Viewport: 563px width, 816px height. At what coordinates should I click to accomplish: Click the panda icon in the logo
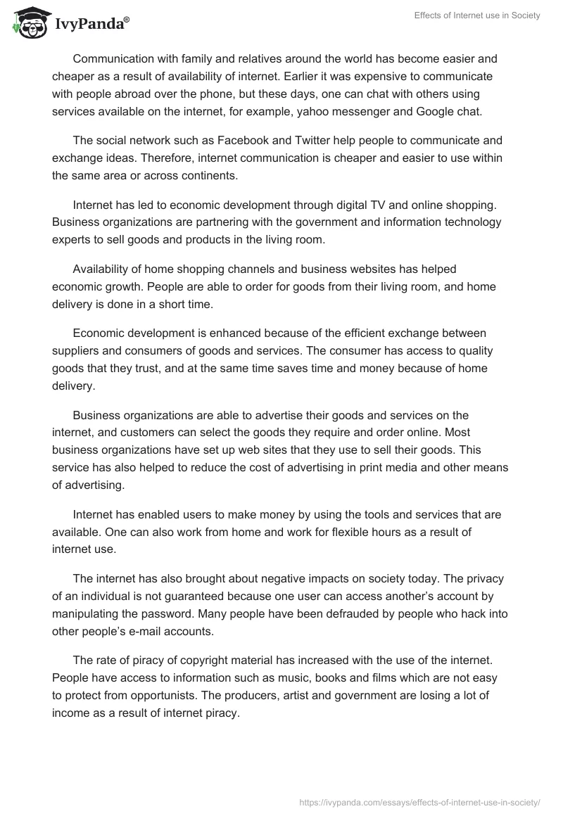pyautogui.click(x=27, y=23)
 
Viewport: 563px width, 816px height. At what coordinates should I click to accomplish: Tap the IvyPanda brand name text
pyautogui.click(x=91, y=25)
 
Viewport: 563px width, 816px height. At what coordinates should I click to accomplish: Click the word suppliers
pyautogui.click(x=75, y=352)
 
